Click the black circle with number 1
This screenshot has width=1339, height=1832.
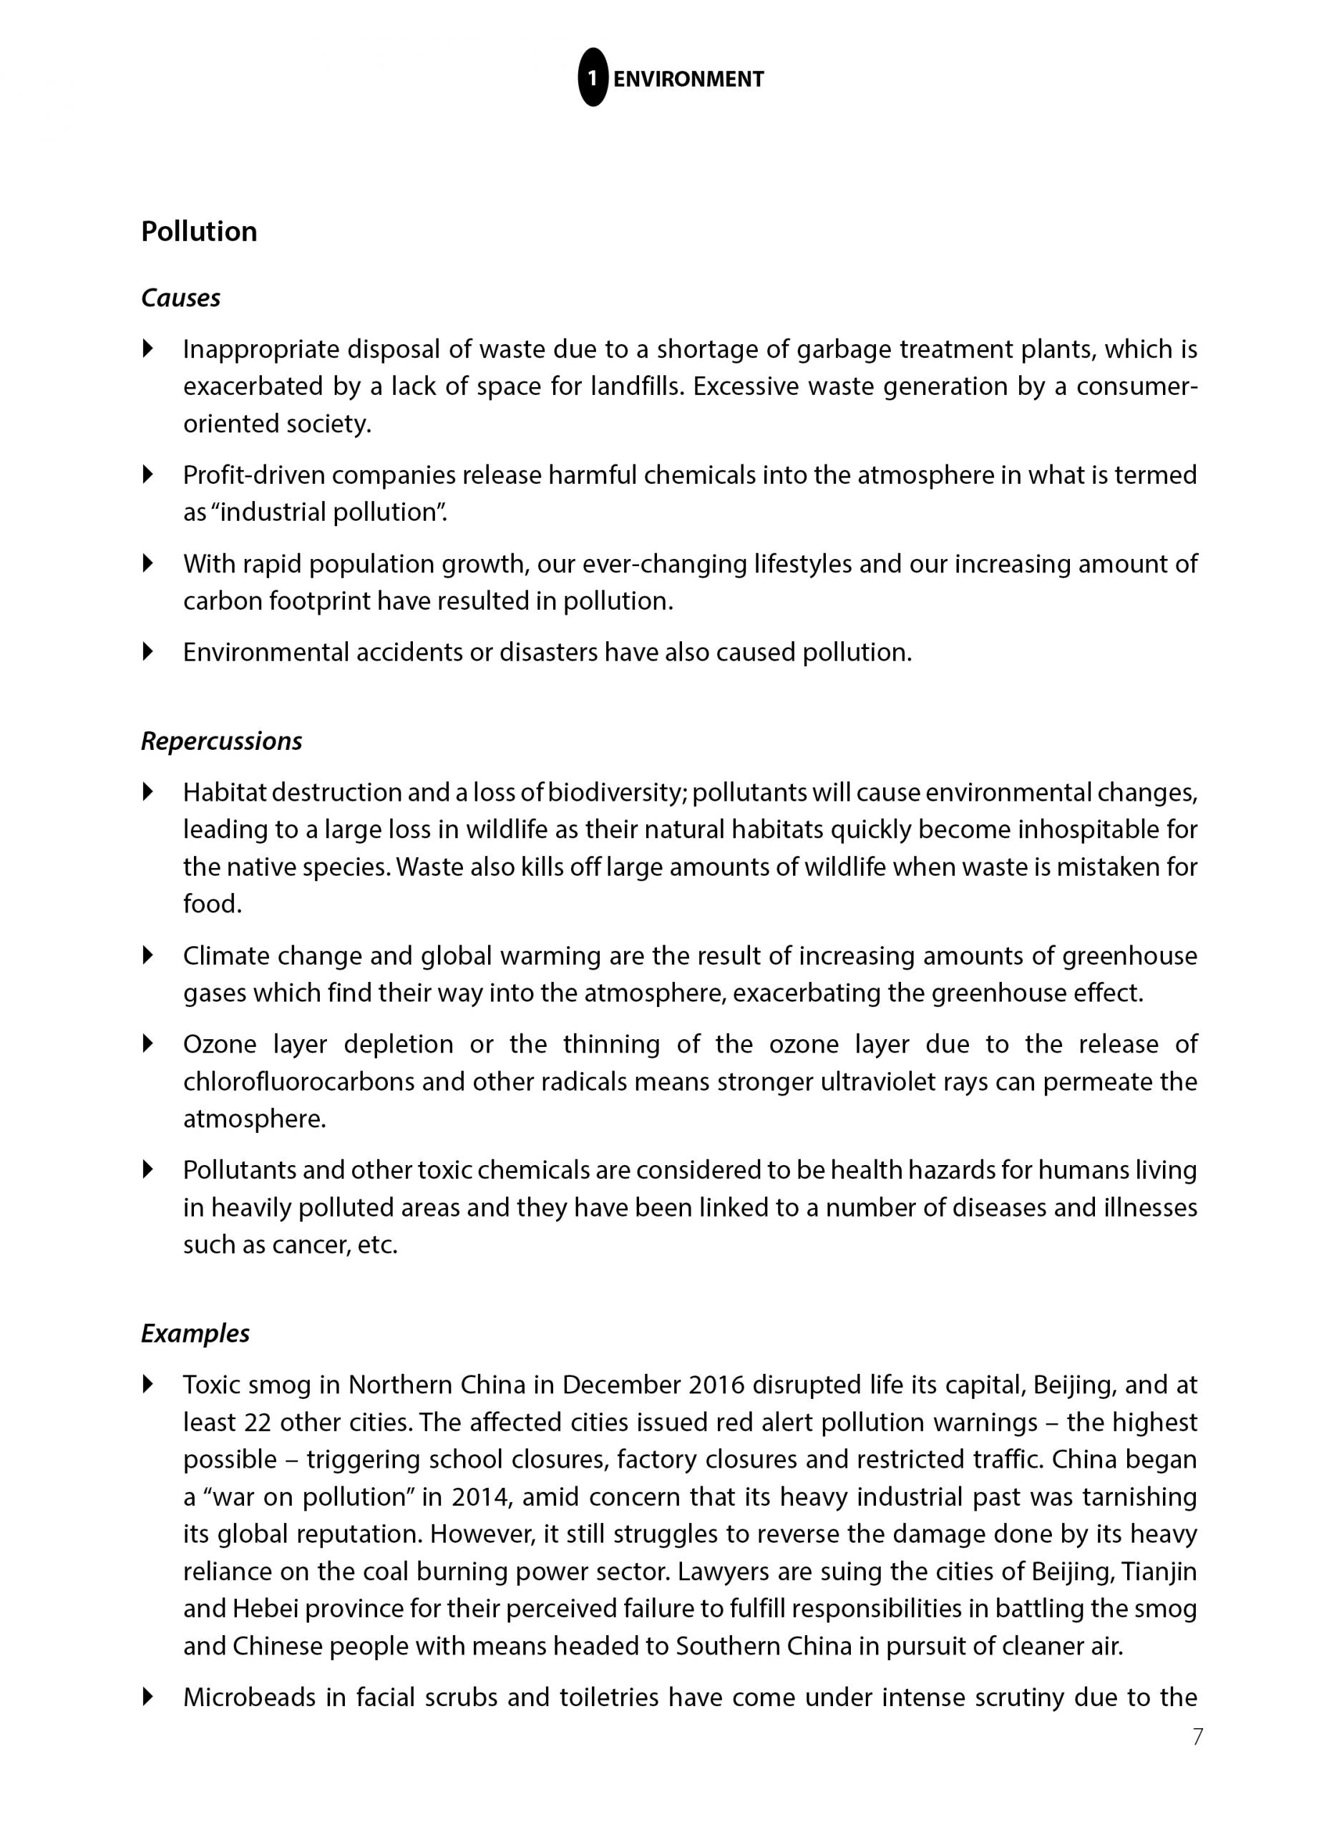[x=593, y=78]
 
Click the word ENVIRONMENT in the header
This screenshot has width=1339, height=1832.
[x=688, y=79]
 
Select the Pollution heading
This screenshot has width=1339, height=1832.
[x=198, y=232]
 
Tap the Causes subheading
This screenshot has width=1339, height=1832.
[x=180, y=298]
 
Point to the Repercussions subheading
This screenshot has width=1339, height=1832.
[x=221, y=741]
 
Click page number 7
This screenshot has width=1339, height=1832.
[x=1197, y=1759]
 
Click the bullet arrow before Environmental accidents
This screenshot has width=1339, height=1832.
[x=147, y=651]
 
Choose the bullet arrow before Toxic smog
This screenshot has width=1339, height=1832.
[x=147, y=1384]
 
